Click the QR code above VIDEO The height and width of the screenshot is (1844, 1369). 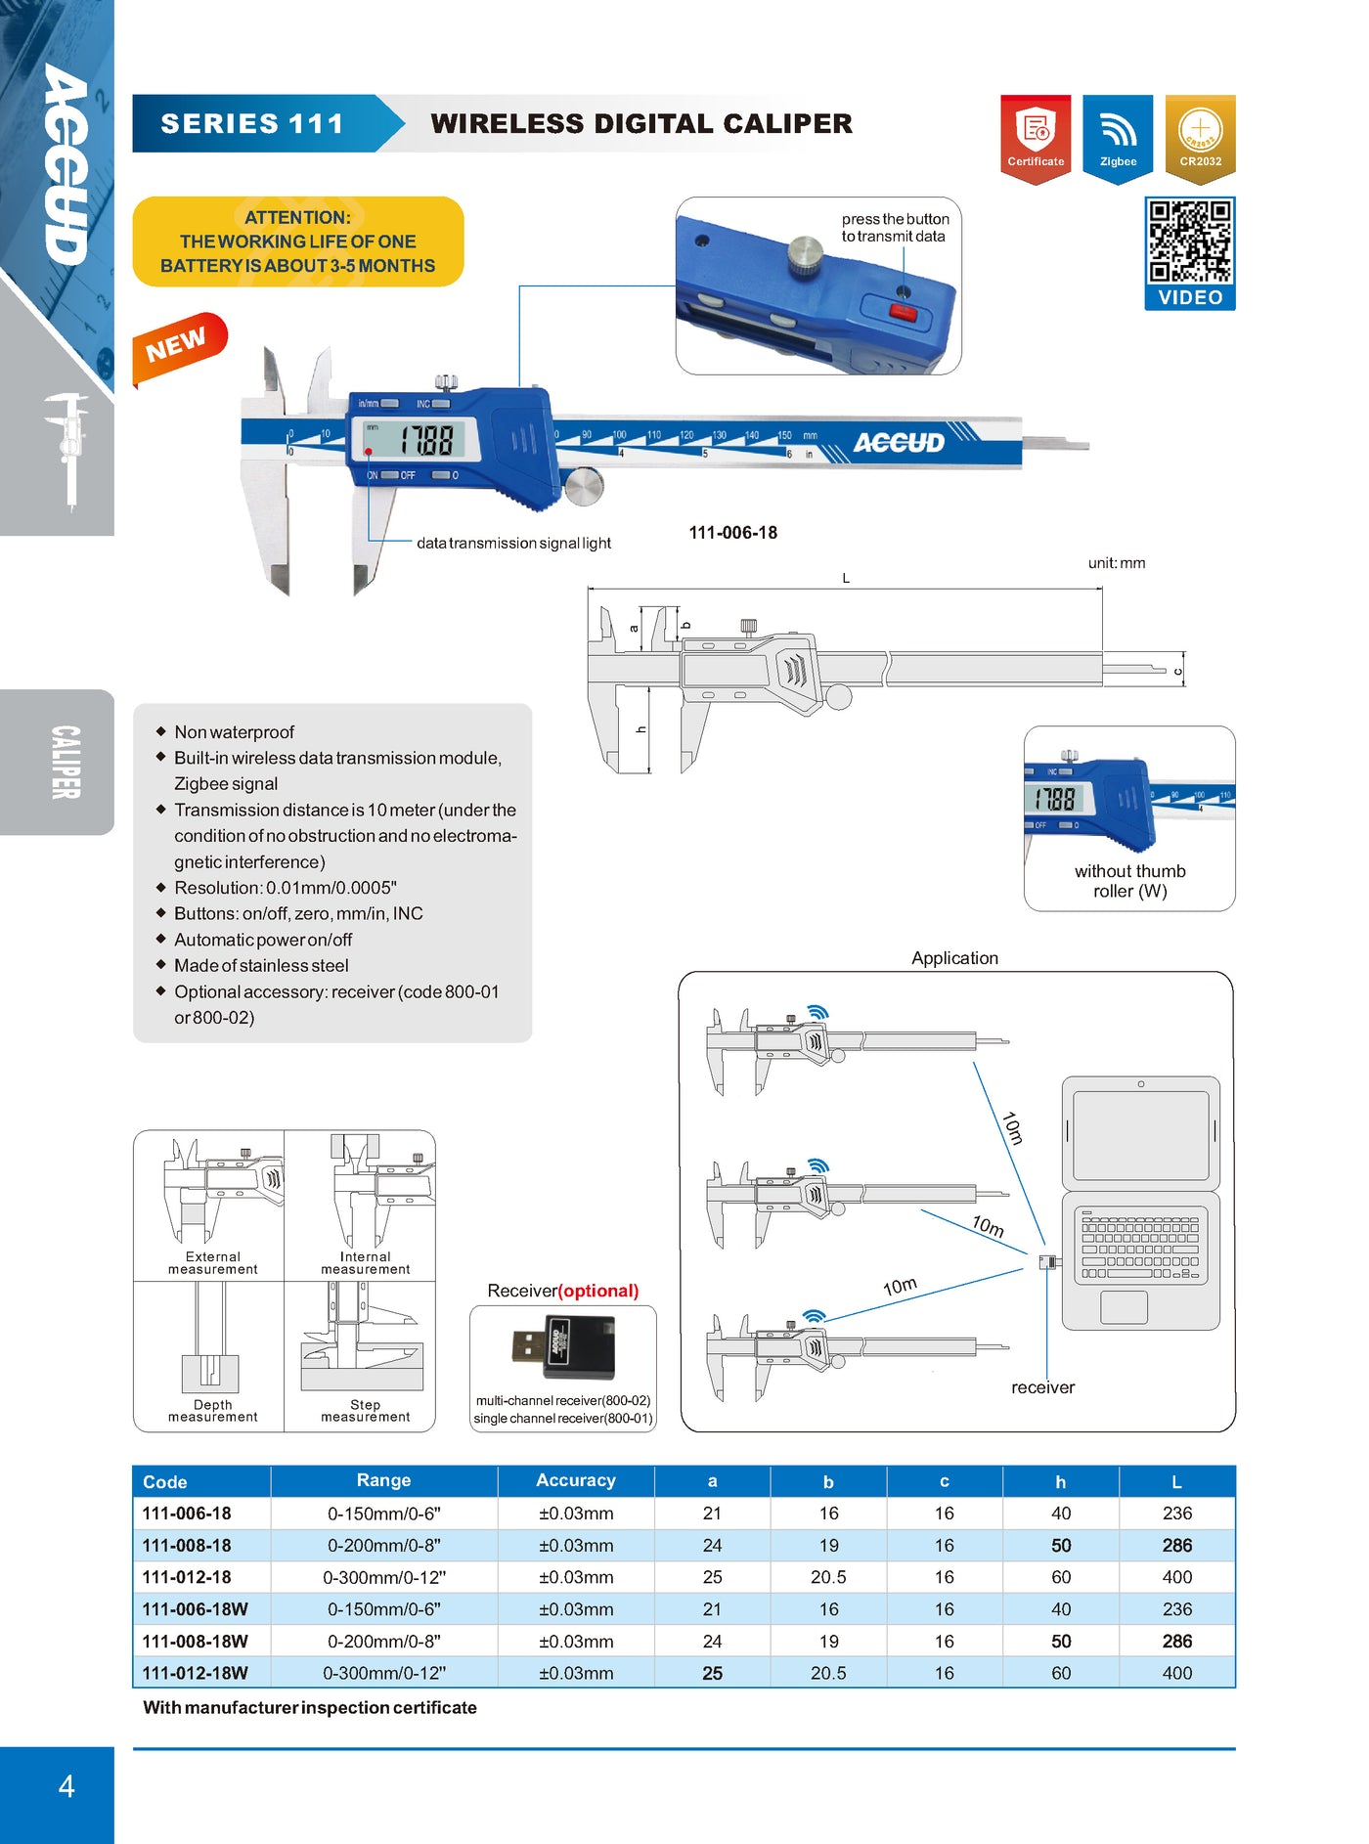point(1190,241)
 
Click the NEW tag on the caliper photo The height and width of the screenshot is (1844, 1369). point(179,347)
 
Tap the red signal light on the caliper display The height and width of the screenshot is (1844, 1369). point(369,452)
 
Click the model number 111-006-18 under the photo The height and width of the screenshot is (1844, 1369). point(733,533)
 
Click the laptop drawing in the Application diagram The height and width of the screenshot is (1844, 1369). point(1141,1204)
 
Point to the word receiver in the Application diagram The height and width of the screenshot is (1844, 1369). point(1042,1387)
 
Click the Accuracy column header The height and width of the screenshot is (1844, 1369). point(576,1480)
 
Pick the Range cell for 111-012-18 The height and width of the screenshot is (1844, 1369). point(384,1577)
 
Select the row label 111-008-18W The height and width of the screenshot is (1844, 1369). point(196,1641)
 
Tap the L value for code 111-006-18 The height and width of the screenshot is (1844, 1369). point(1177,1514)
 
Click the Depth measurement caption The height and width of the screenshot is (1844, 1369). point(212,1411)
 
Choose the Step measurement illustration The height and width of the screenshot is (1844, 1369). point(361,1337)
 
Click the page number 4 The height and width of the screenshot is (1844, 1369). point(66,1786)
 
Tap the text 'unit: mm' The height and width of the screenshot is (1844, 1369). point(1117,563)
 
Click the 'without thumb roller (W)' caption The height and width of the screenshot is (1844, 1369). point(1129,881)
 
